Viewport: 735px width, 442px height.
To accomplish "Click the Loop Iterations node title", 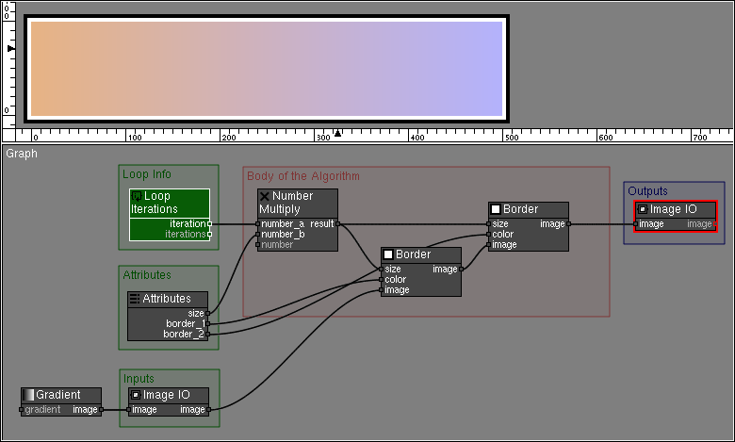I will (x=169, y=202).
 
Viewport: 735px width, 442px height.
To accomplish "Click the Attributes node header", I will (x=168, y=299).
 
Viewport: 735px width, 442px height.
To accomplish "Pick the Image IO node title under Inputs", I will (x=167, y=395).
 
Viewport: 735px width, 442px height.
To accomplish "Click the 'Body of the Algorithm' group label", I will (x=302, y=176).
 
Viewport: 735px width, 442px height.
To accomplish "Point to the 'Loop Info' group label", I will (x=147, y=174).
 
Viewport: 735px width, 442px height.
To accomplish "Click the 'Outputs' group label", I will (x=647, y=191).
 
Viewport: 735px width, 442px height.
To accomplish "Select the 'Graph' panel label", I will (x=22, y=154).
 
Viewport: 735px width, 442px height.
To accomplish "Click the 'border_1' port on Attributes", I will (x=185, y=323).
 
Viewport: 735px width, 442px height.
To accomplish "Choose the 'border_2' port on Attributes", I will (x=185, y=334).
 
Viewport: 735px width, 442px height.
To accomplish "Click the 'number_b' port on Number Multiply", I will (x=283, y=234).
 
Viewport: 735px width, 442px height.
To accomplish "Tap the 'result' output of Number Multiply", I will (x=322, y=223).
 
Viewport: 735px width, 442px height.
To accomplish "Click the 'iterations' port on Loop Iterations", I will (x=186, y=233).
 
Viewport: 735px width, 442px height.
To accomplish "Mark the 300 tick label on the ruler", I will (x=322, y=137).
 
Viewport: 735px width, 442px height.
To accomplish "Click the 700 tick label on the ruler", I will (x=699, y=137).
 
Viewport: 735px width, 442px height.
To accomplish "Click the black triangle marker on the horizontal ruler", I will (x=337, y=133).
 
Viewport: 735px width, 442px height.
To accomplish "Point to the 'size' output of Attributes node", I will (x=196, y=313).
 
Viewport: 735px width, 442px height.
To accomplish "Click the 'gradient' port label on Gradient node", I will (x=42, y=410).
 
